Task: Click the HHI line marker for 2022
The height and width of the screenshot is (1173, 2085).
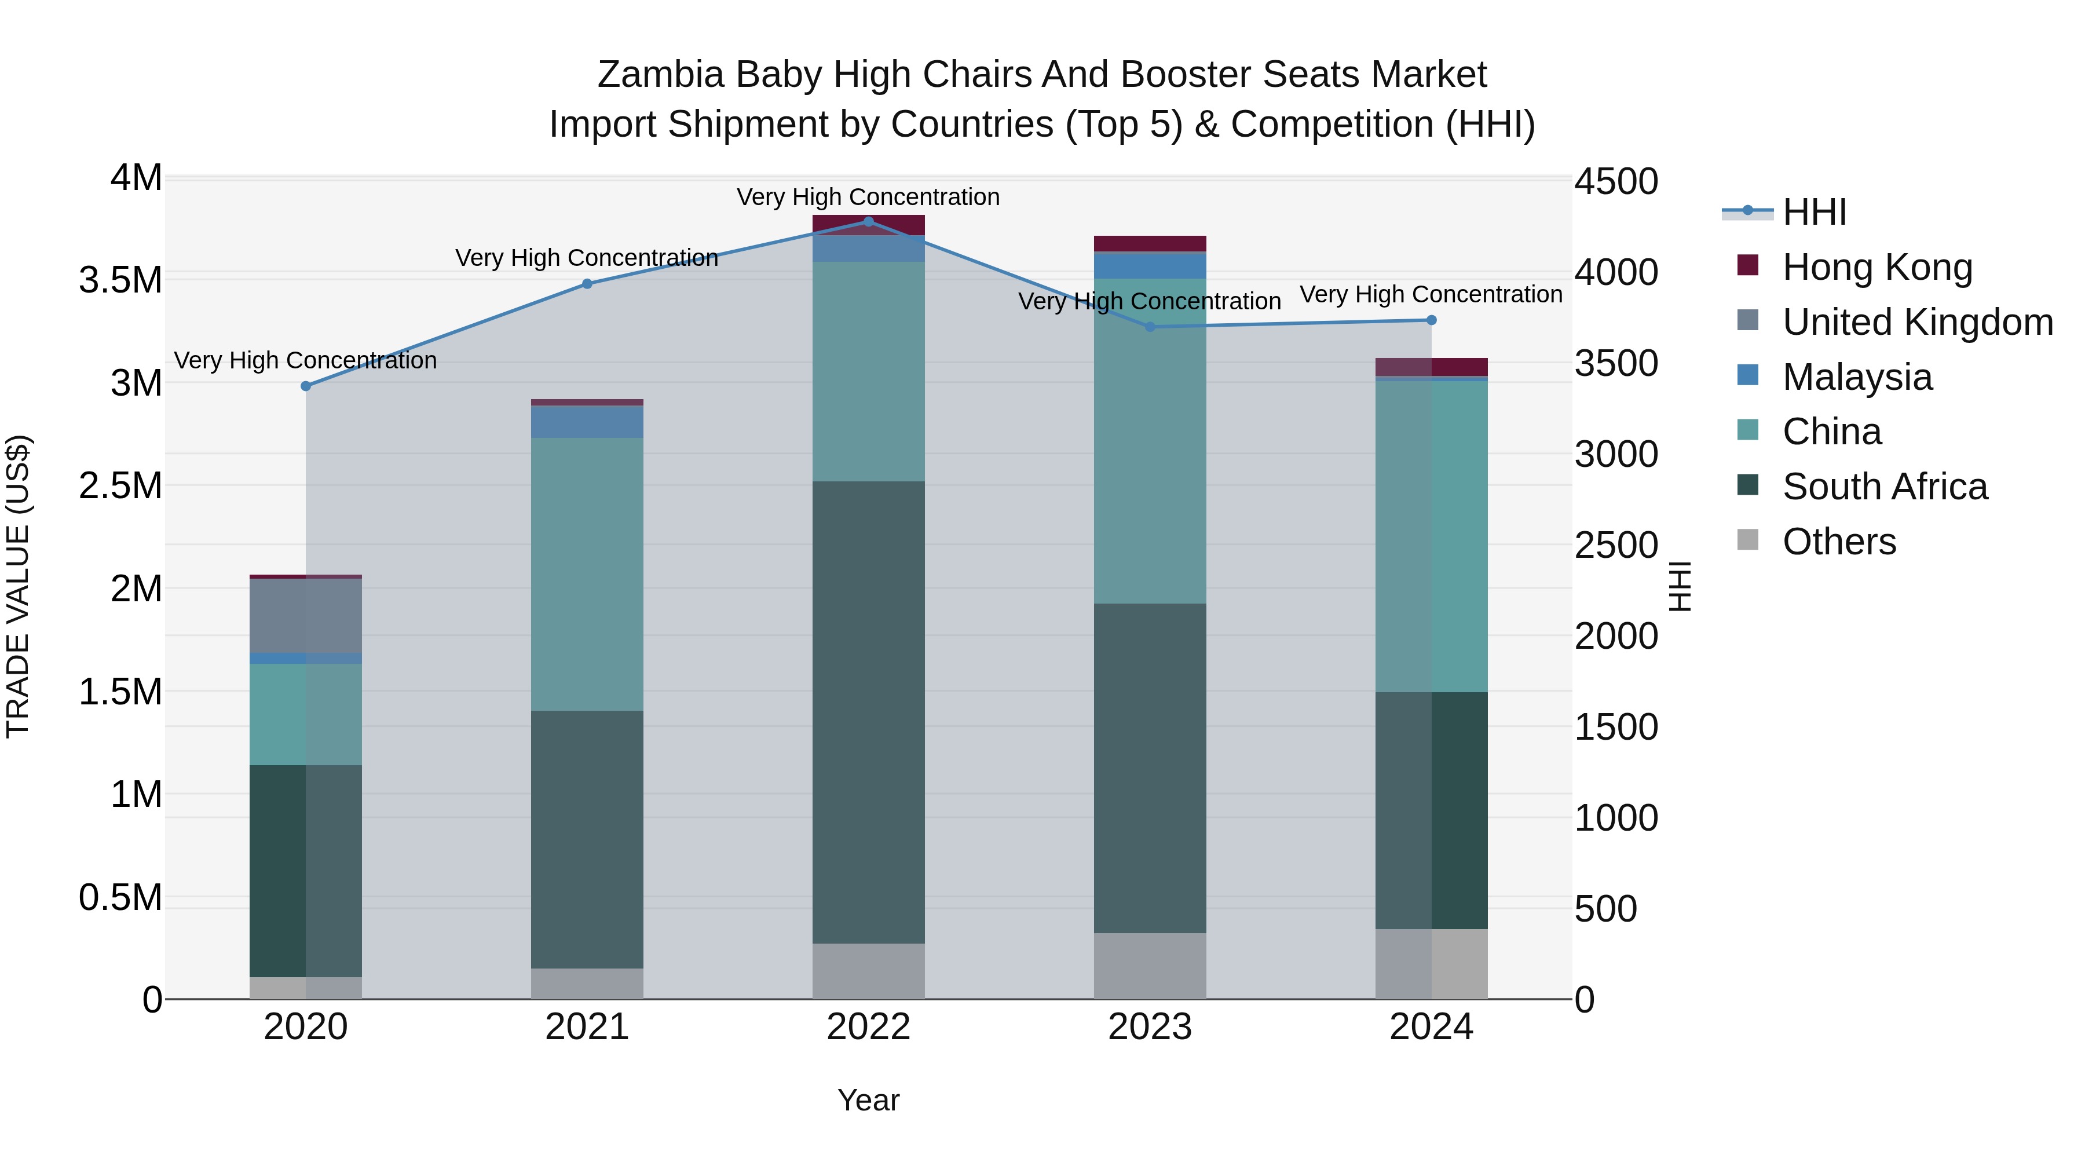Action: (869, 221)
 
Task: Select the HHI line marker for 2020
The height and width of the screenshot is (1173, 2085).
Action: (306, 386)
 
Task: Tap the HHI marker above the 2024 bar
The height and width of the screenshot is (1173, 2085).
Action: (1431, 320)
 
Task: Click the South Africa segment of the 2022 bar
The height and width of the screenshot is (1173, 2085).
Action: (869, 712)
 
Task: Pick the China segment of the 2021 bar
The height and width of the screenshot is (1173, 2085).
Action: (587, 574)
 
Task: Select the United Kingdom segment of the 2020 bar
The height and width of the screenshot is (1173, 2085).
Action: (306, 615)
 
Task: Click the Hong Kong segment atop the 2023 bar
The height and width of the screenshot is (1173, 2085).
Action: (1149, 244)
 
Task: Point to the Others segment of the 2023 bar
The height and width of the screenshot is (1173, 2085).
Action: (1149, 966)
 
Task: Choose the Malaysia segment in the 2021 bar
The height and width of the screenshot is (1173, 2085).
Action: (587, 422)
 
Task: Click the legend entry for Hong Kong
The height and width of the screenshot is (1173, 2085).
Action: (1877, 267)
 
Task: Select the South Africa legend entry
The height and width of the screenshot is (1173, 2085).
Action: (1884, 487)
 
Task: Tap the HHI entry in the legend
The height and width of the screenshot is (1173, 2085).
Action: (1814, 212)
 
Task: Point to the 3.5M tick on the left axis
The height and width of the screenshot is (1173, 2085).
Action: (120, 280)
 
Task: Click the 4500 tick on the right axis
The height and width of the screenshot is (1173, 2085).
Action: (1615, 181)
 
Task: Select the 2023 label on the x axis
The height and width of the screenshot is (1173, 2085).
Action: (1149, 1027)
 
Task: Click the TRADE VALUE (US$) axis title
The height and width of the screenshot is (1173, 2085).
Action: (18, 586)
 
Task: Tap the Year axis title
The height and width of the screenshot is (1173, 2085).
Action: (869, 1100)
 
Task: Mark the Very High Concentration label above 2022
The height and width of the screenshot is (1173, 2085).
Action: (869, 197)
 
